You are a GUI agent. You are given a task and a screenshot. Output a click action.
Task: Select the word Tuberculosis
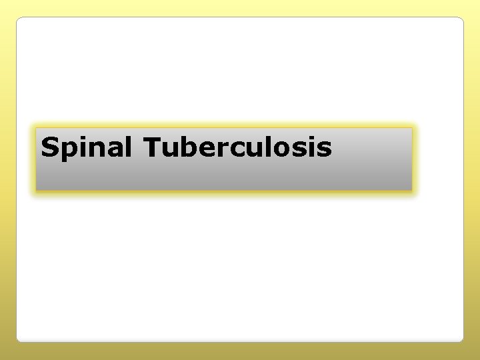237,147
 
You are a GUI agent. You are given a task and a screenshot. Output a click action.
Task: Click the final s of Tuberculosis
324,149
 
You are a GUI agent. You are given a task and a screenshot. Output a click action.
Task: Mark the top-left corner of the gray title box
36,129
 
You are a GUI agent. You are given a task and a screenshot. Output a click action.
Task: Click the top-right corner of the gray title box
412,129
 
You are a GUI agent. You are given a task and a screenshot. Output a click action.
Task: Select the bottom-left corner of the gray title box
36,191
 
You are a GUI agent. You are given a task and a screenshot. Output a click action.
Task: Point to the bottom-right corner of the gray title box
412,191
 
